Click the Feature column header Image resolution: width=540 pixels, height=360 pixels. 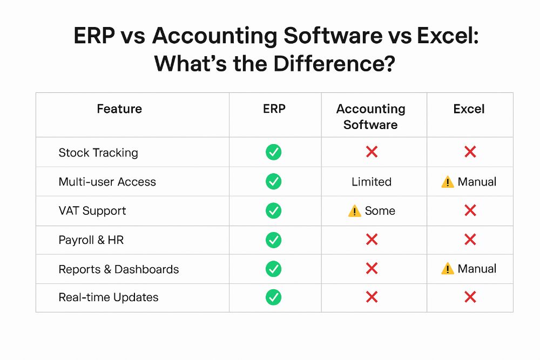tap(119, 109)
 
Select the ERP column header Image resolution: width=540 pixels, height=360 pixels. tap(274, 109)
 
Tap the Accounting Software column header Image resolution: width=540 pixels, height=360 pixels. tap(370, 117)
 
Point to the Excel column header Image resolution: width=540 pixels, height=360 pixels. tap(469, 109)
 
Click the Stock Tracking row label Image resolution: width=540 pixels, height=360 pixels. tap(98, 152)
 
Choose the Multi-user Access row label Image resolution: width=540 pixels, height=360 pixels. tap(107, 182)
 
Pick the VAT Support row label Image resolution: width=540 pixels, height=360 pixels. tap(92, 210)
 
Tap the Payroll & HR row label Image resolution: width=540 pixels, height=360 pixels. tap(91, 240)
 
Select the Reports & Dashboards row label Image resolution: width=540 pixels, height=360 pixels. tap(119, 269)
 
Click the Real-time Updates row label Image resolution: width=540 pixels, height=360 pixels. tap(109, 297)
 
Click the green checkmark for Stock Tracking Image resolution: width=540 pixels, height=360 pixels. tap(273, 152)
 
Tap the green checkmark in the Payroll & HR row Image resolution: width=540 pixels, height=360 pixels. tap(273, 240)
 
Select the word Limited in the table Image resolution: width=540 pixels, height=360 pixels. tap(372, 182)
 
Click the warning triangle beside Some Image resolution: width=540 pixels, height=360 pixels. tap(355, 211)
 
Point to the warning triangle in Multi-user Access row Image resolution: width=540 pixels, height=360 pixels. tap(448, 182)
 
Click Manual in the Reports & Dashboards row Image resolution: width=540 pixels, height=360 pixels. tap(477, 268)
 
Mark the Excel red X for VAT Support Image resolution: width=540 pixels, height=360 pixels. tap(470, 210)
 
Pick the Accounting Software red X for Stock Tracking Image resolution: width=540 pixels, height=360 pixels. tap(372, 152)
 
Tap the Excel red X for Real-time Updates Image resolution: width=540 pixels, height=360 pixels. tap(470, 297)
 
